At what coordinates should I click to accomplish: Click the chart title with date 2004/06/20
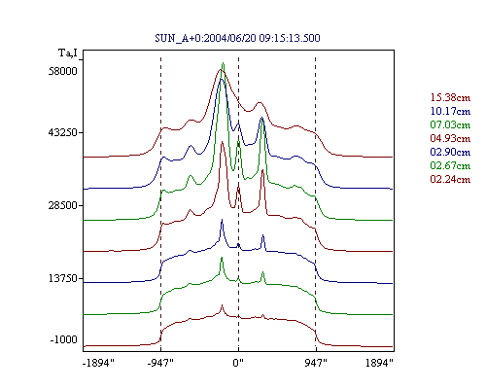point(237,38)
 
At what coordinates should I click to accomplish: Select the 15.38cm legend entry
point(450,97)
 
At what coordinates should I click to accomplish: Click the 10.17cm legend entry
point(450,111)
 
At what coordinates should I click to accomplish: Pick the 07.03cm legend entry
point(450,124)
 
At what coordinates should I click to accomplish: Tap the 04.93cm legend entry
point(450,138)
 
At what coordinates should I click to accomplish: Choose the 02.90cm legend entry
point(450,152)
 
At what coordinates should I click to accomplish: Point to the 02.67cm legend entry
point(450,165)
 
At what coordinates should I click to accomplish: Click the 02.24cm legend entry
point(450,179)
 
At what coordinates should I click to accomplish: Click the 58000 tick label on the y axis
point(63,71)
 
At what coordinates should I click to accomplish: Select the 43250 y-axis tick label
point(63,132)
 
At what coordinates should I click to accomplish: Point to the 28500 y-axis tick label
point(63,205)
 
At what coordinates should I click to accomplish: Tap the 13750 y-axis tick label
point(63,278)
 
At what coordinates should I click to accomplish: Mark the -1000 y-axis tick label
point(63,339)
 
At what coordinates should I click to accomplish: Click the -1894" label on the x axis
point(98,363)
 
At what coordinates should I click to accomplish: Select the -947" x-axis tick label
point(160,363)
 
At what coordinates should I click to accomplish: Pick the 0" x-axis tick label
point(238,363)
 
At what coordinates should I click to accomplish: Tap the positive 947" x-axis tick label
point(316,363)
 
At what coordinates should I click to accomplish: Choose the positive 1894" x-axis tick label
point(379,363)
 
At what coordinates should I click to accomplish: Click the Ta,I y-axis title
point(68,53)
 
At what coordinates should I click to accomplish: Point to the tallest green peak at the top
point(223,63)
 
